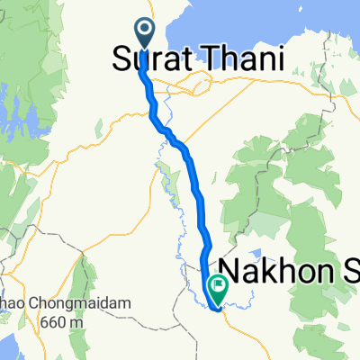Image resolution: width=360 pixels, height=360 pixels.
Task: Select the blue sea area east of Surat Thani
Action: (270, 22)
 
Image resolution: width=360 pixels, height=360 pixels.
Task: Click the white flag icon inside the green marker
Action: (219, 286)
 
